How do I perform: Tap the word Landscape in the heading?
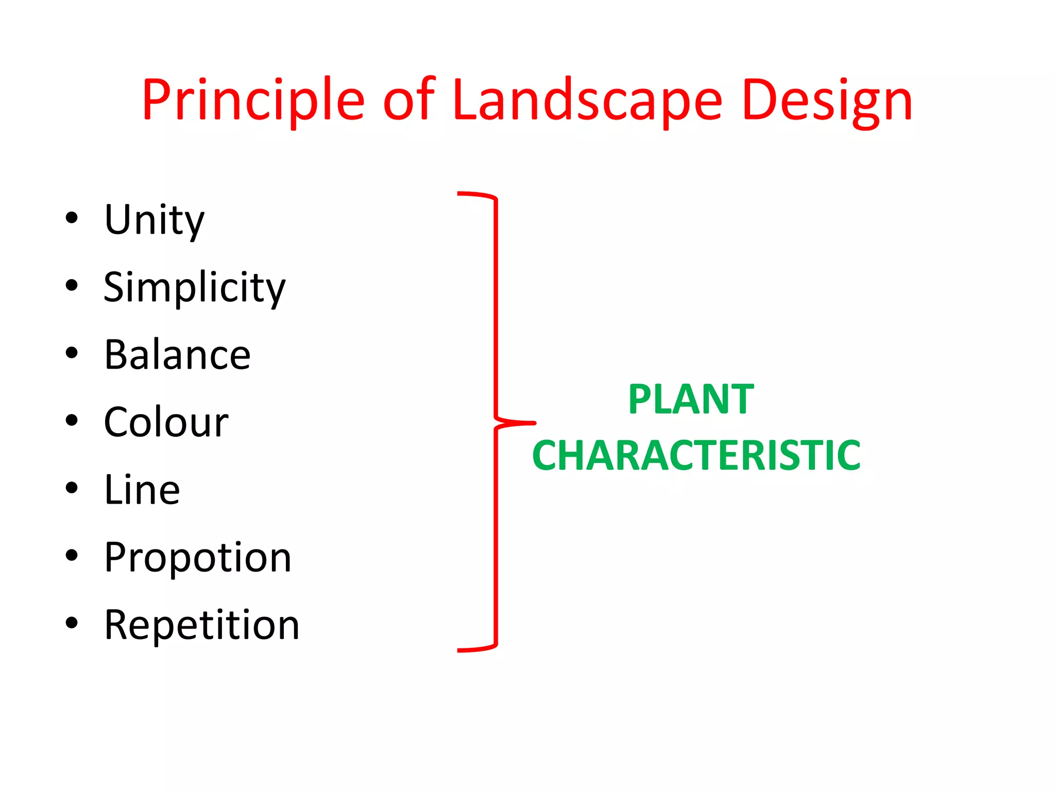point(587,101)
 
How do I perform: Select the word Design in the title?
point(827,101)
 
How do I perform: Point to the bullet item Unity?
point(155,220)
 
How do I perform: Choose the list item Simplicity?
point(194,288)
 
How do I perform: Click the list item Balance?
point(177,355)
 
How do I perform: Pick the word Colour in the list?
point(166,422)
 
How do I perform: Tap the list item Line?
point(142,490)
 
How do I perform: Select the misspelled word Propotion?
point(198,558)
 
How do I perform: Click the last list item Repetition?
point(201,625)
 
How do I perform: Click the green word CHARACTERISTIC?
point(696,456)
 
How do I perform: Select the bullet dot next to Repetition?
point(72,623)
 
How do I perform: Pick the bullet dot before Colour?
point(72,420)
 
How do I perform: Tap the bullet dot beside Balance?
point(72,353)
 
